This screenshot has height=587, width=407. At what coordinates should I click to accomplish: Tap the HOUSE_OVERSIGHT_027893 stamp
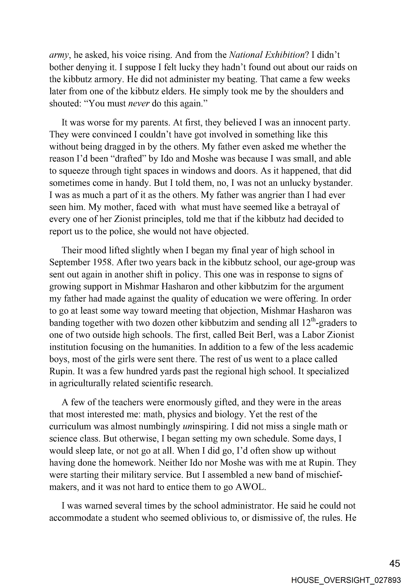346,580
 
